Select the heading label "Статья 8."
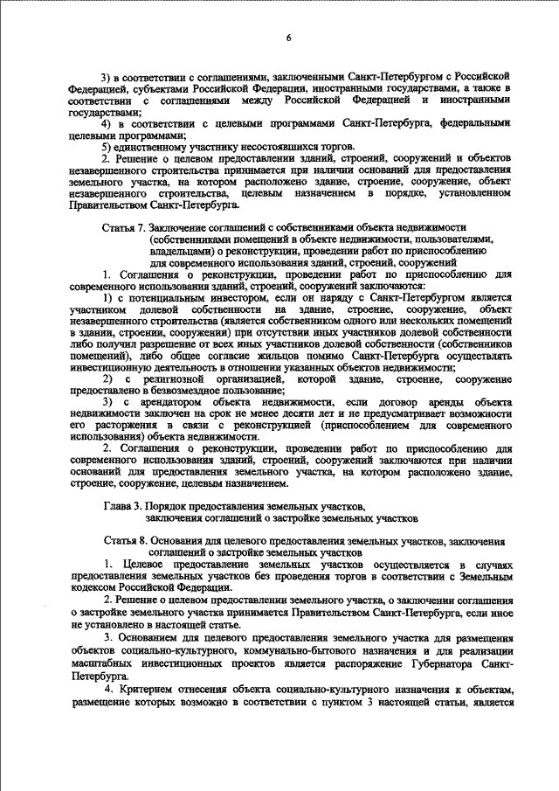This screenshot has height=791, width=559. (x=123, y=541)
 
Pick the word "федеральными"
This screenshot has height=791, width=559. (x=474, y=123)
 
